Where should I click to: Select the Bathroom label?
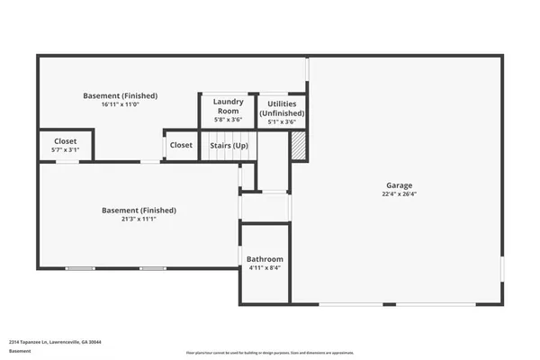coord(265,258)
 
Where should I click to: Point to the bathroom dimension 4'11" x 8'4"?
coord(265,268)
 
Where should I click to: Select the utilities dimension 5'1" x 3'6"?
coord(282,121)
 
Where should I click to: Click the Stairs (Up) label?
coord(229,145)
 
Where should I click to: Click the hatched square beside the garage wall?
coord(298,145)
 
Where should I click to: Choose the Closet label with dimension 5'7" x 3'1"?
coord(65,141)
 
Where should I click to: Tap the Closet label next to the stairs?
coord(181,145)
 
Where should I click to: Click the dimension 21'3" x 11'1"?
coord(139,220)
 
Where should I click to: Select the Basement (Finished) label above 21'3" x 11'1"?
coord(139,210)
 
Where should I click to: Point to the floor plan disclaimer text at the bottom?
coord(270,352)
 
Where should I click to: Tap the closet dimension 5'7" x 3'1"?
coord(65,151)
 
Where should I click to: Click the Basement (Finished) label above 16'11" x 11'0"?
coord(120,95)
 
